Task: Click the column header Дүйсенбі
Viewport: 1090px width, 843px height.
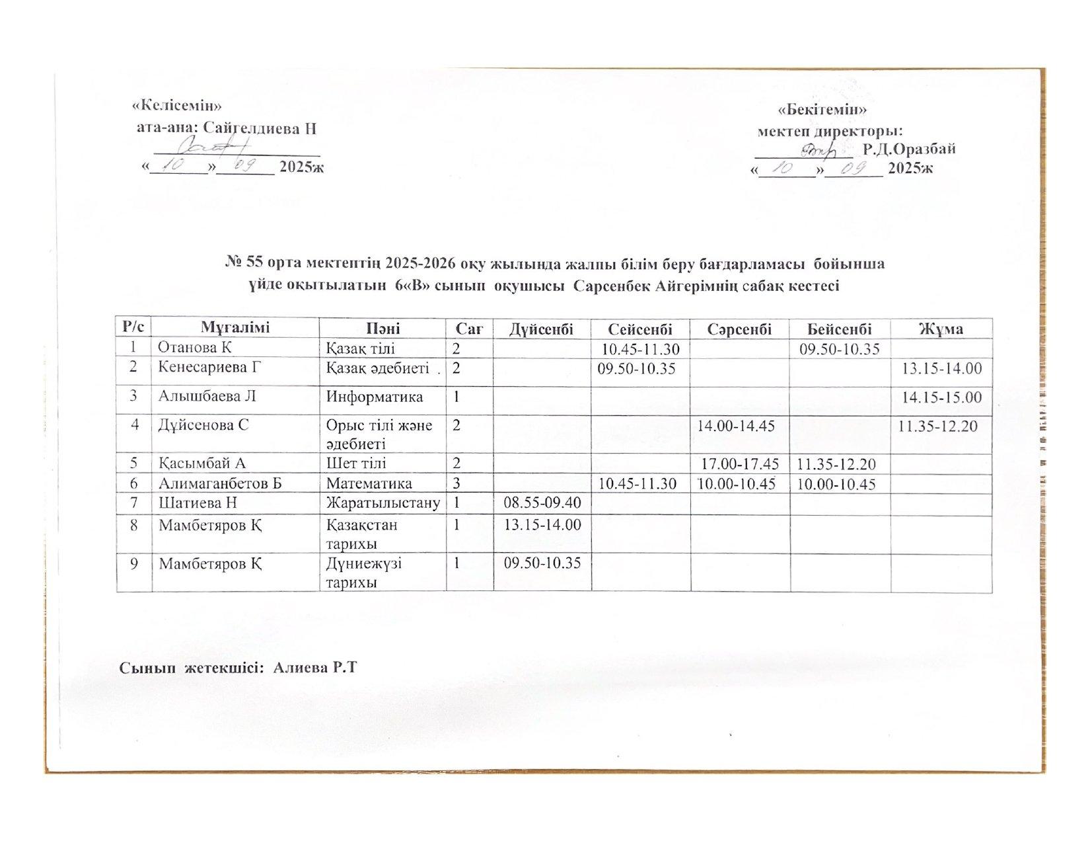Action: click(540, 329)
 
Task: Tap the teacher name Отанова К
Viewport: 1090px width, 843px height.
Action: click(196, 348)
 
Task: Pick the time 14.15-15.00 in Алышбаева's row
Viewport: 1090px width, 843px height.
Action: click(941, 397)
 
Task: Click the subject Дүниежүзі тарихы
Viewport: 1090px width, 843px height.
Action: click(364, 573)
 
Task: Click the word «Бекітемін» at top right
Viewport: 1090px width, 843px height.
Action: click(822, 109)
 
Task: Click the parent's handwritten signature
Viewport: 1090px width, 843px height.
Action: click(211, 145)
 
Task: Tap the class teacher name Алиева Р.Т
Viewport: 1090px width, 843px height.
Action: click(314, 667)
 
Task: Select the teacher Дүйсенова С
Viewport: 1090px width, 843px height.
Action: click(203, 425)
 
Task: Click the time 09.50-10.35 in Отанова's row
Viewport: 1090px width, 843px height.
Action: click(840, 348)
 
